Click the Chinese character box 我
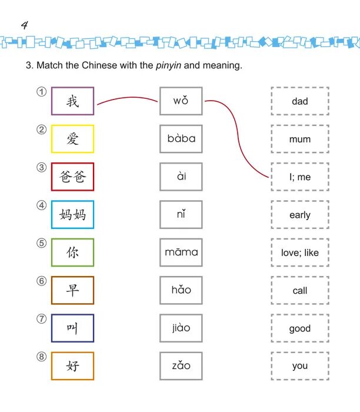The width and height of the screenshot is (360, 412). pyautogui.click(x=72, y=101)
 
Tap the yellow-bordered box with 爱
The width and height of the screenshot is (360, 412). pyautogui.click(x=72, y=139)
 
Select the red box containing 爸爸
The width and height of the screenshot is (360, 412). pyautogui.click(x=72, y=177)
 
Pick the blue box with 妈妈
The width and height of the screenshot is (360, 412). pyautogui.click(x=72, y=215)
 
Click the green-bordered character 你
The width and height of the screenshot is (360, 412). pyautogui.click(x=72, y=252)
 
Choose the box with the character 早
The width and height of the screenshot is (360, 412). pyautogui.click(x=72, y=290)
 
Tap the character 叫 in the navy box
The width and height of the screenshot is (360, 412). pyautogui.click(x=72, y=328)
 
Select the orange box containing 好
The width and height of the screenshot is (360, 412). pyautogui.click(x=72, y=366)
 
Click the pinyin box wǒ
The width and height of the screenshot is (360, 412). pyautogui.click(x=181, y=101)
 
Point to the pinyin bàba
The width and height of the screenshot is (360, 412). pyautogui.click(x=181, y=139)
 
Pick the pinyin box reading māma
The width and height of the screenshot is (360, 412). pyautogui.click(x=181, y=252)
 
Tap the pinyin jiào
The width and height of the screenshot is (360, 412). pyautogui.click(x=181, y=328)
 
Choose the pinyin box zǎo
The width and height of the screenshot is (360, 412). pyautogui.click(x=181, y=366)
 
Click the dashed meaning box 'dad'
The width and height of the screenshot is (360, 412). pyautogui.click(x=299, y=101)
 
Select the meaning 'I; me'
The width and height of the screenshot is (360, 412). pyautogui.click(x=299, y=177)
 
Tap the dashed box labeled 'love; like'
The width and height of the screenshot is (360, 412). pyautogui.click(x=299, y=252)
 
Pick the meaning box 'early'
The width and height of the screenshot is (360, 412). pyautogui.click(x=299, y=215)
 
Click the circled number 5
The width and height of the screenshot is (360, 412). pyautogui.click(x=41, y=243)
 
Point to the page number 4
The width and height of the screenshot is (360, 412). pyautogui.click(x=24, y=25)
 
